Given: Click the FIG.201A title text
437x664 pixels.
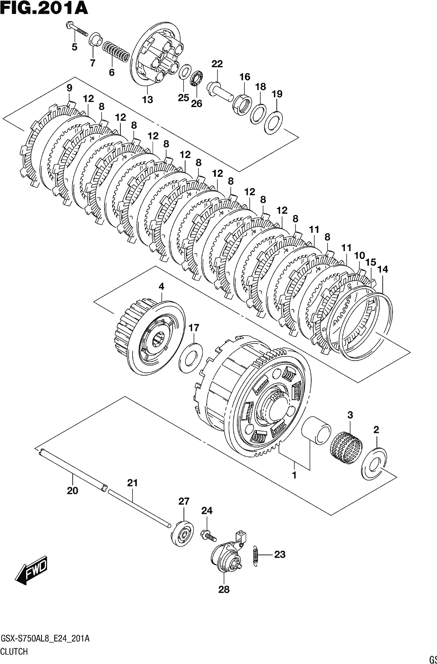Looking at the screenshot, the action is [x=44, y=8].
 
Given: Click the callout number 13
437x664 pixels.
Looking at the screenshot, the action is [x=147, y=100].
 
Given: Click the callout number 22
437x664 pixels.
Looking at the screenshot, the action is [x=217, y=64].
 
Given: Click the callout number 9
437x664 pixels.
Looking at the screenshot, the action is [x=69, y=88].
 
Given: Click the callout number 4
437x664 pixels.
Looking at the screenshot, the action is [x=161, y=286].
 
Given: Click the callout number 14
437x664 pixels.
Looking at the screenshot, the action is [x=383, y=269].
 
